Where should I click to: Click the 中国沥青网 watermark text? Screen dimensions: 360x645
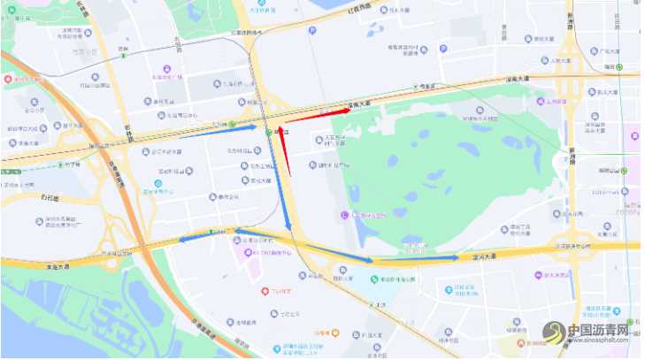pyautogui.click(x=597, y=329)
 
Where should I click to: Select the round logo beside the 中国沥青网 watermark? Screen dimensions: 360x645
pyautogui.click(x=556, y=332)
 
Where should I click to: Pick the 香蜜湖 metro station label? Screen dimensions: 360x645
pyautogui.click(x=433, y=86)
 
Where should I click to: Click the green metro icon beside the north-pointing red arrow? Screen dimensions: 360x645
pyautogui.click(x=270, y=132)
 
